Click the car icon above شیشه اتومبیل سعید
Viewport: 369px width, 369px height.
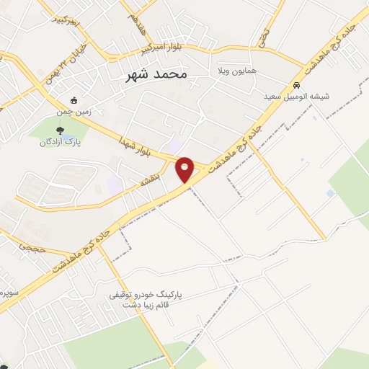tap(296, 84)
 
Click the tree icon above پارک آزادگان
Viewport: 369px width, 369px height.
tap(61, 131)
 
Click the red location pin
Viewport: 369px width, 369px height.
tap(185, 169)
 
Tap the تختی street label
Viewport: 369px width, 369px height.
tap(264, 32)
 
